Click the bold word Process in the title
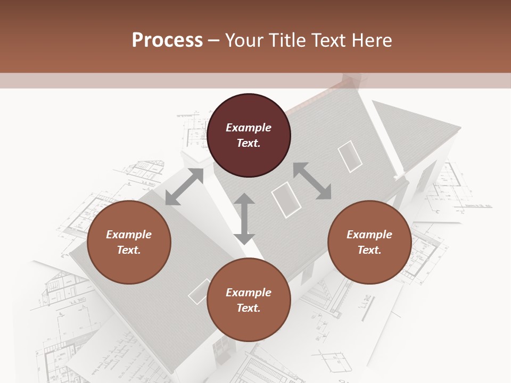pos(167,40)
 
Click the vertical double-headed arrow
pos(244,219)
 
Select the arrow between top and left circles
pos(184,187)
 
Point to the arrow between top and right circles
pos(312,181)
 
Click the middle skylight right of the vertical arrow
pos(286,199)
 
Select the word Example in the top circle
pos(249,128)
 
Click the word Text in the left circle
pos(129,250)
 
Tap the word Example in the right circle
pos(369,235)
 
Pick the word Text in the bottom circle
pos(249,308)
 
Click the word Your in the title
pos(243,40)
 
